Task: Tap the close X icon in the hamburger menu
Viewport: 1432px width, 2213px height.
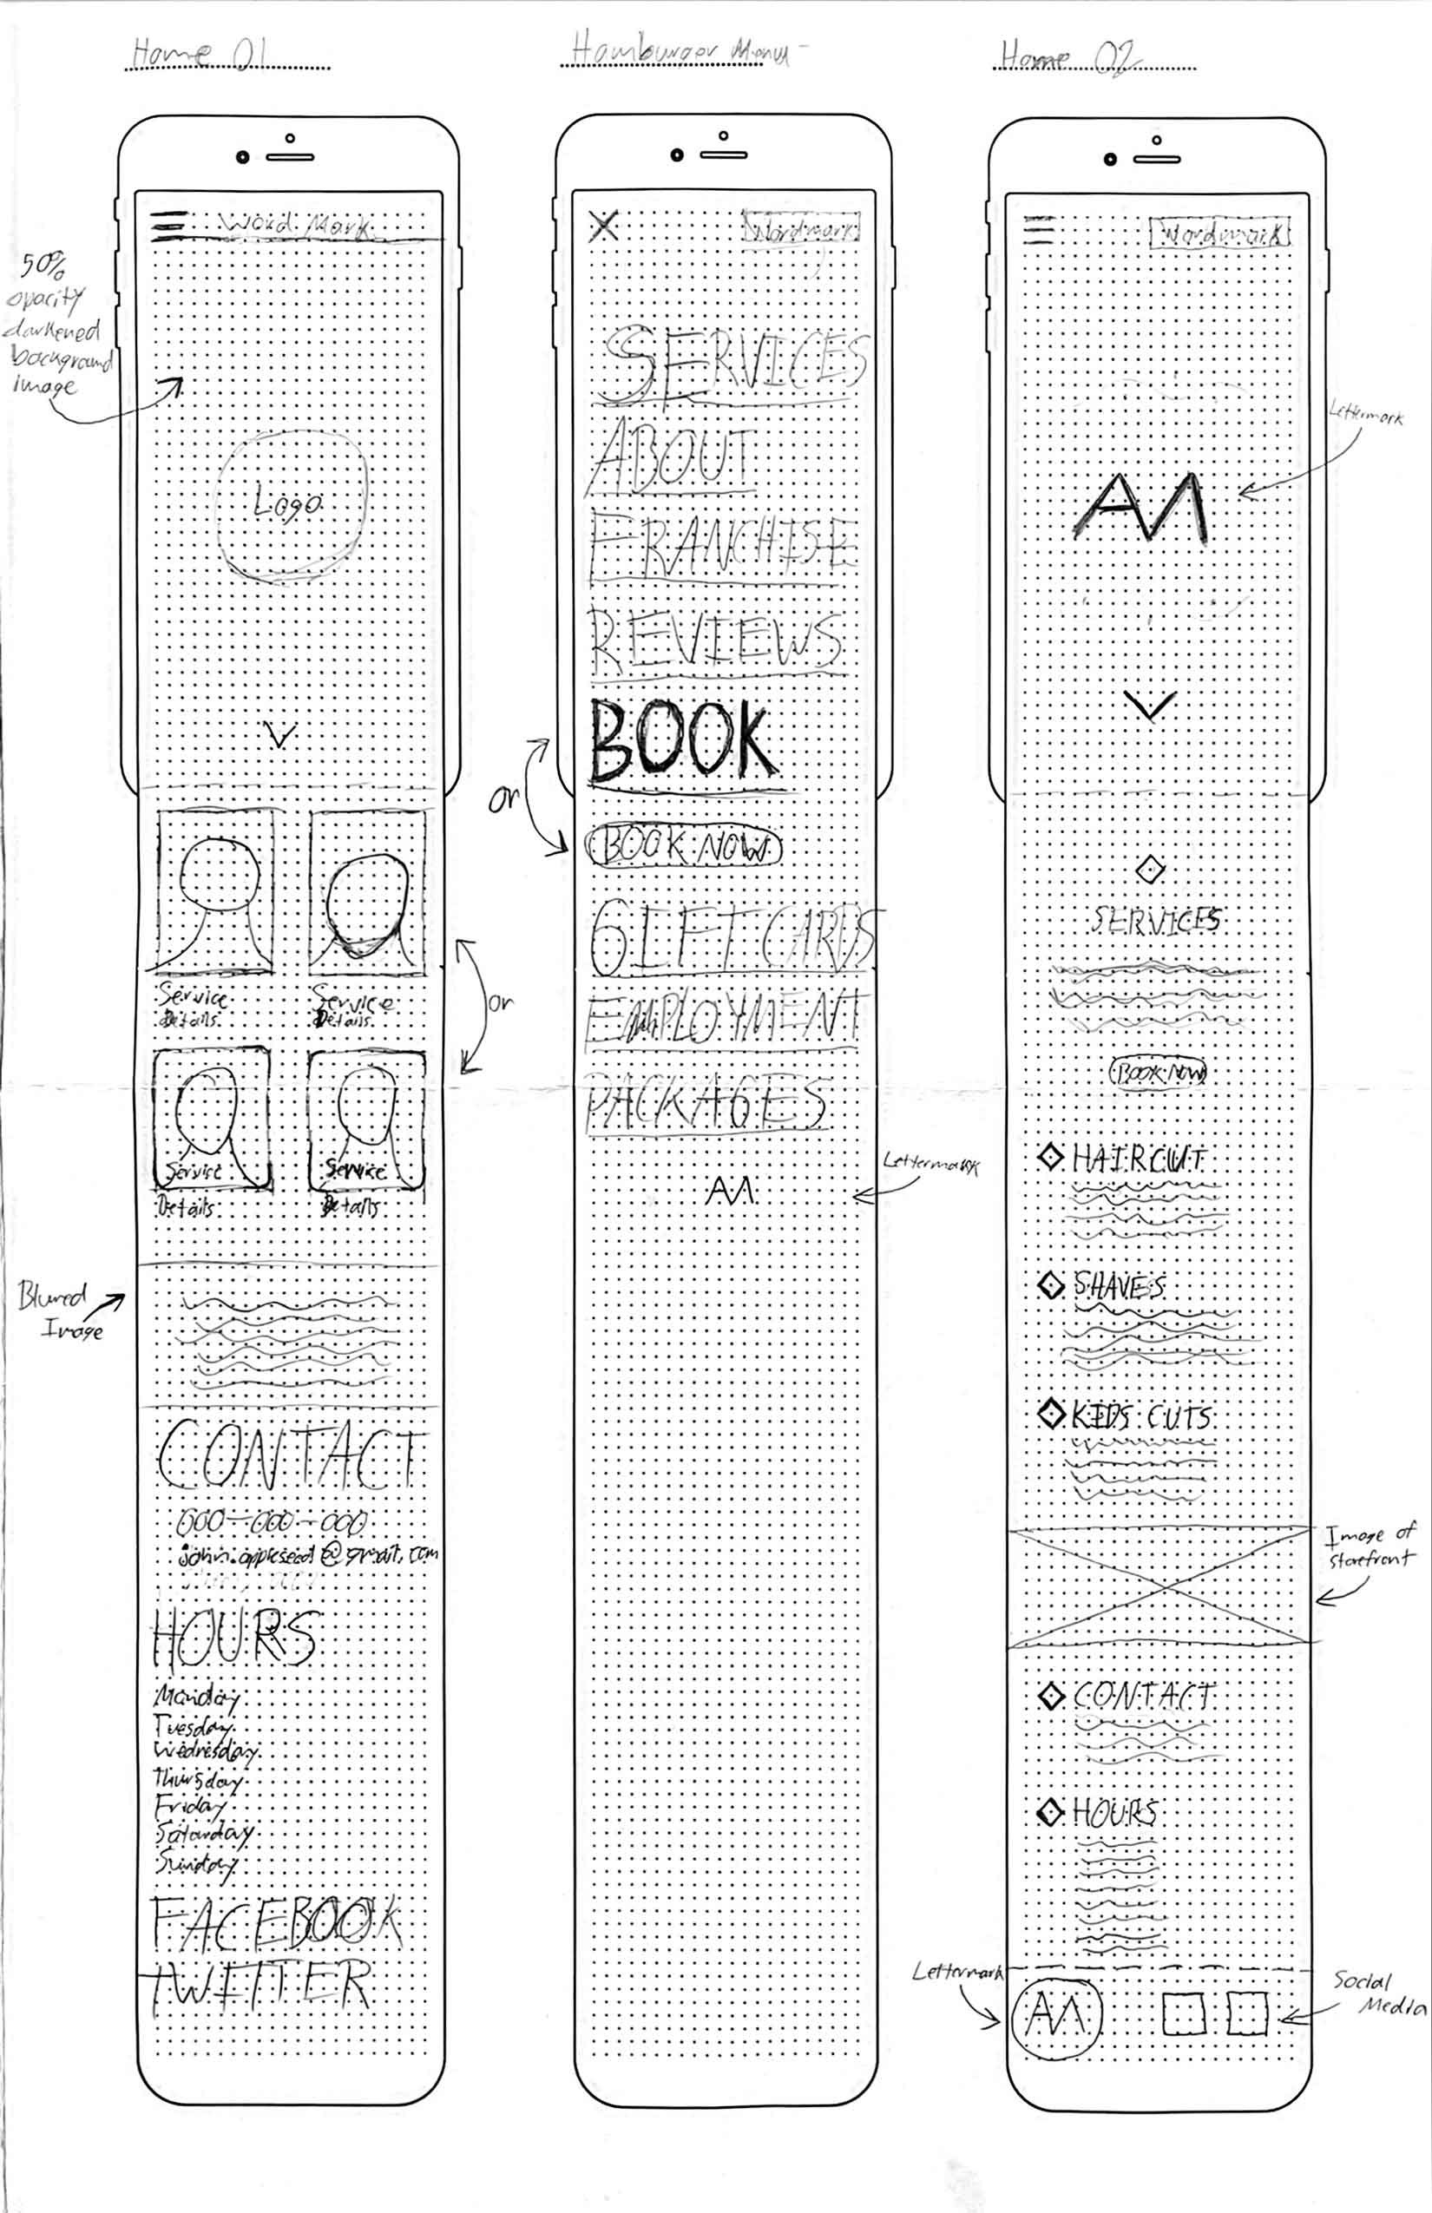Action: (603, 225)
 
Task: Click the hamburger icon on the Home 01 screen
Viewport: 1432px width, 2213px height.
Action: (169, 226)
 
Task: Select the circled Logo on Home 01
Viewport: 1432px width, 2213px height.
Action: (290, 505)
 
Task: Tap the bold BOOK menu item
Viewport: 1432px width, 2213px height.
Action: (680, 742)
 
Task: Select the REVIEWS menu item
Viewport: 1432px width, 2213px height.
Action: (716, 641)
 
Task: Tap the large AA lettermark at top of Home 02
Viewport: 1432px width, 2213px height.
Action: (1141, 508)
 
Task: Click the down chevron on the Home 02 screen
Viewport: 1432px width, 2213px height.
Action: (1150, 706)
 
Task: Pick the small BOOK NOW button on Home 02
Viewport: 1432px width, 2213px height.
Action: (1158, 1073)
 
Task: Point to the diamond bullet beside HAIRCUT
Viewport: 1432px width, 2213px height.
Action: (1051, 1158)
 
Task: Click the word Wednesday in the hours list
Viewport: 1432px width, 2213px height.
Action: (205, 1752)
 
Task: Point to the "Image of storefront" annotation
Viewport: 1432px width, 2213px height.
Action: (1369, 1546)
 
